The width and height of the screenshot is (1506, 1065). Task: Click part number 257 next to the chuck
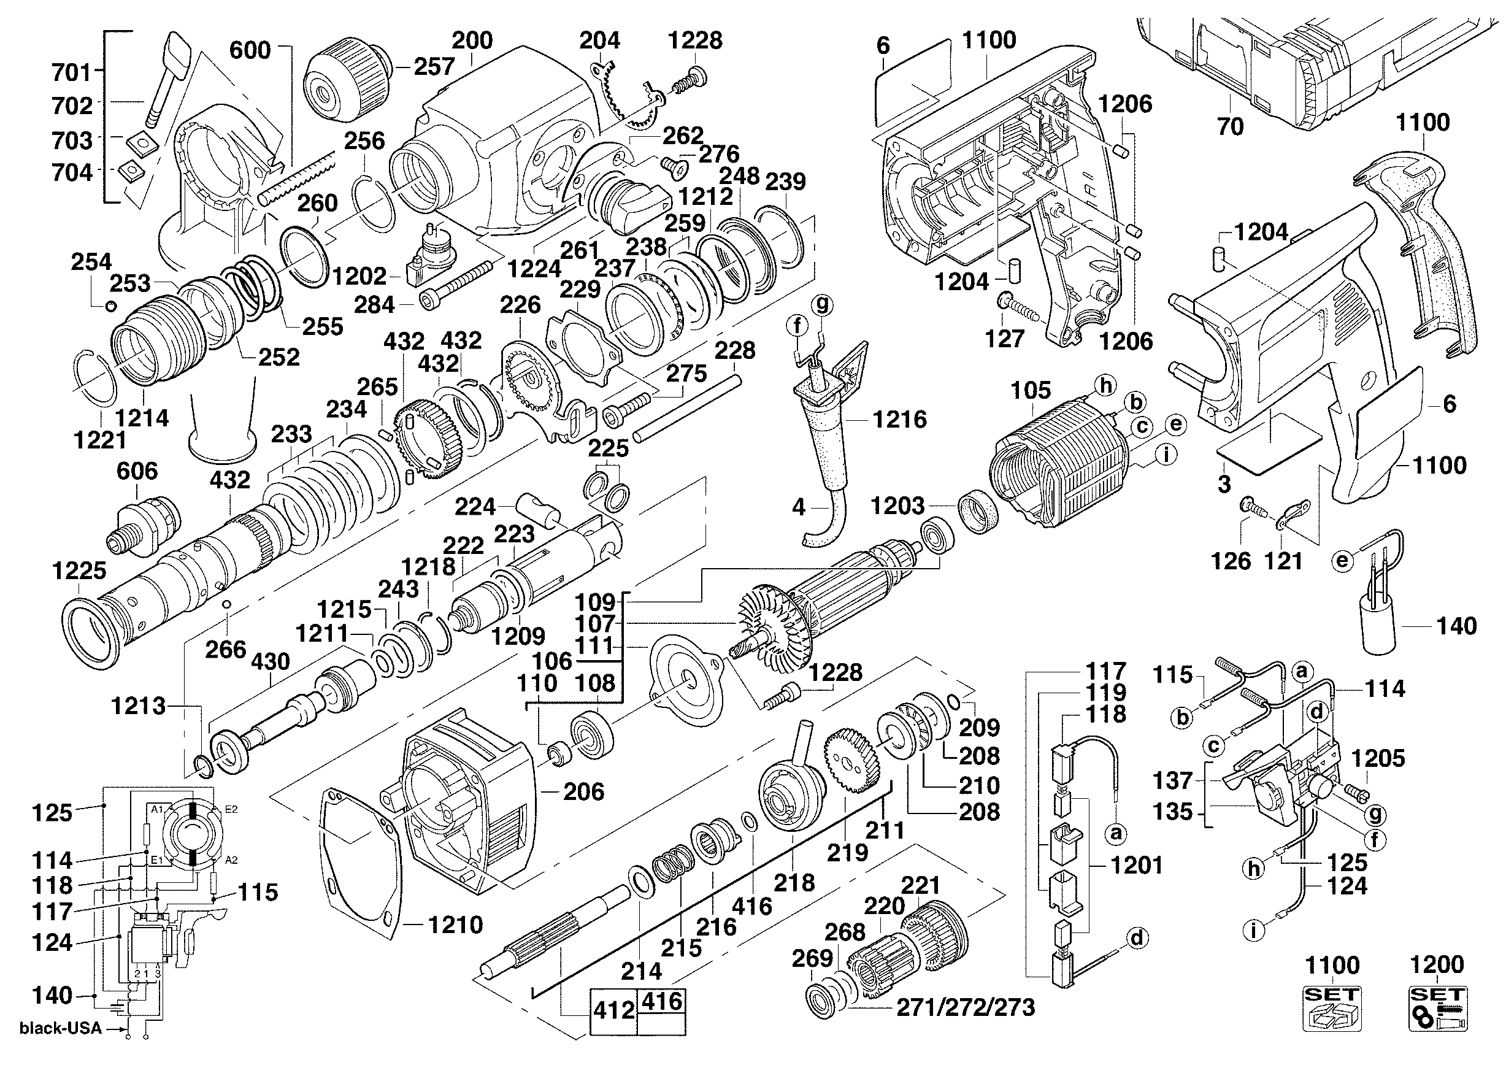coord(434,66)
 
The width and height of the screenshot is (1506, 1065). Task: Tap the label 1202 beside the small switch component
coord(359,276)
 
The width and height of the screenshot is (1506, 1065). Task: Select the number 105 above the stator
coord(1031,391)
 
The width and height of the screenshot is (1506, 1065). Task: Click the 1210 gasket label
coord(455,925)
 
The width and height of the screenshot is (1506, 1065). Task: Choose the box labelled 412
coord(613,1010)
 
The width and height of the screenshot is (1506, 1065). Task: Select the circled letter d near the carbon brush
coord(1137,938)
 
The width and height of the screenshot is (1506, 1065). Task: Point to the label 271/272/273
coord(966,1008)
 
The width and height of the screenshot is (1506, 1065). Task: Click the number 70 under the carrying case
coord(1230,126)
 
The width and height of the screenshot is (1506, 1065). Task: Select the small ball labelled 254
coord(111,304)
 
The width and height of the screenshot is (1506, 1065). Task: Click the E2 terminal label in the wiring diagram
coord(231,809)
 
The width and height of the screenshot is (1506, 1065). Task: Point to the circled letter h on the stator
coord(1106,386)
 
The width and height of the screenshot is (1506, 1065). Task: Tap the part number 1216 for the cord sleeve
coord(899,419)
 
